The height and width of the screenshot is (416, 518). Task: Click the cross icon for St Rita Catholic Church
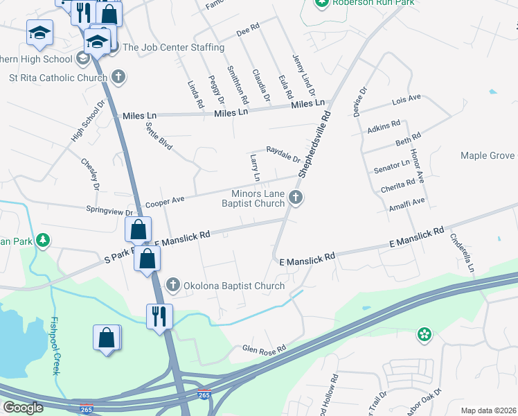point(118,76)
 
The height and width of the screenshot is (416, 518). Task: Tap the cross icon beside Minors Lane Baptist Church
point(296,198)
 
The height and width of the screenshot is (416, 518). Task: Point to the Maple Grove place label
point(488,155)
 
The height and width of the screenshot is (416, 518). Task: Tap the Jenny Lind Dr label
point(304,75)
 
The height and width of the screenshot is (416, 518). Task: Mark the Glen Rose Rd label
point(264,349)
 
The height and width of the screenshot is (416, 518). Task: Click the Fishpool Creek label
point(55,346)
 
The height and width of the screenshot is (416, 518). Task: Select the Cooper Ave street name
point(164,200)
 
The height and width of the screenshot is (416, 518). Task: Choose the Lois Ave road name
point(407,100)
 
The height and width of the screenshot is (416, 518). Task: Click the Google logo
point(23,408)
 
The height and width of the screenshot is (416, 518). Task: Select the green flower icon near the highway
point(424,336)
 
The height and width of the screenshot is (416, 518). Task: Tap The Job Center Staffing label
point(173,48)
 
